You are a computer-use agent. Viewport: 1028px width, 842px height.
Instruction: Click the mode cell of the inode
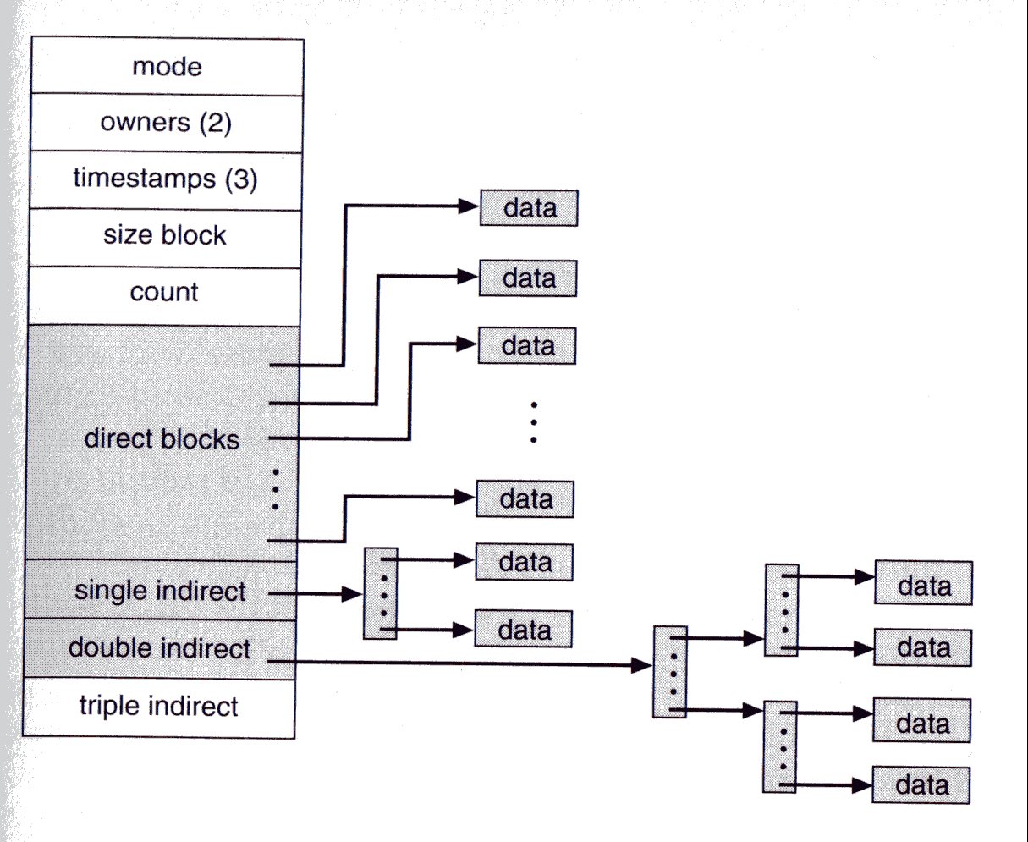tap(167, 67)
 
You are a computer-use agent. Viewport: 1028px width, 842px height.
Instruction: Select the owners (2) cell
tap(166, 123)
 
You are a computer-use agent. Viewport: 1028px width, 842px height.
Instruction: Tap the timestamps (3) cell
tap(165, 179)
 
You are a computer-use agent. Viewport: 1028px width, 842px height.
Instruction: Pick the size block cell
tap(165, 235)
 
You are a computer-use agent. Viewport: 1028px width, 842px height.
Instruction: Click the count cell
tap(164, 292)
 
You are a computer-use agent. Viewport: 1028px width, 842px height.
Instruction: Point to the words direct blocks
tap(162, 439)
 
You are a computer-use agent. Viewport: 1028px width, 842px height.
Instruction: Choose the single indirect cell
tap(160, 590)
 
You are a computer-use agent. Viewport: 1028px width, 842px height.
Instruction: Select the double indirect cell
tap(159, 648)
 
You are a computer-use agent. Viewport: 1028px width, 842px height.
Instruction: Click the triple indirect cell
tap(158, 706)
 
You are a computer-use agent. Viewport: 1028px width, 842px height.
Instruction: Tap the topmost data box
tap(529, 208)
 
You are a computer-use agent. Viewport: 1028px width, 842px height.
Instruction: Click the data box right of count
tap(528, 278)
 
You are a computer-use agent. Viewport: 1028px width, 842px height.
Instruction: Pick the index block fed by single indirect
tap(381, 593)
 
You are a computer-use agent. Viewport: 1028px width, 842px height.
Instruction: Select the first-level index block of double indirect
tap(670, 672)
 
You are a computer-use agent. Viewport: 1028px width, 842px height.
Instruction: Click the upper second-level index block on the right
tap(781, 610)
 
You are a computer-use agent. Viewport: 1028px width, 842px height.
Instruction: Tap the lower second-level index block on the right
tap(779, 746)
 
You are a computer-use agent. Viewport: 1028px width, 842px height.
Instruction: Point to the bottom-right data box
tap(921, 784)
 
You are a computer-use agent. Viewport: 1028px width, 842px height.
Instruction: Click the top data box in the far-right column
tap(923, 584)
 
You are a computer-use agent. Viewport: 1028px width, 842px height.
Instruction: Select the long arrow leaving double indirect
tap(465, 663)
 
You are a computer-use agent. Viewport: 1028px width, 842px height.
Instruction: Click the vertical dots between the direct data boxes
tap(534, 422)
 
